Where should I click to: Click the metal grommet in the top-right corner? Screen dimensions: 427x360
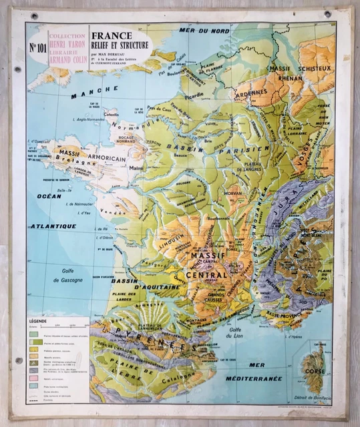click(327, 14)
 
